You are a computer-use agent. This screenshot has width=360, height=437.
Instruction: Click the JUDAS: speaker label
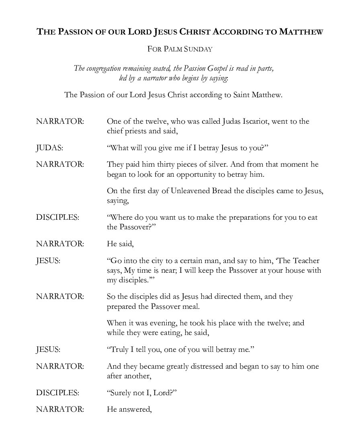(x=49, y=148)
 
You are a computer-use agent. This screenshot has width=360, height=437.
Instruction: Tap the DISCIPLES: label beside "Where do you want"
(x=57, y=217)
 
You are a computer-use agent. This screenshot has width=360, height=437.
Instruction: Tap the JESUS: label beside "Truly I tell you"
(x=48, y=349)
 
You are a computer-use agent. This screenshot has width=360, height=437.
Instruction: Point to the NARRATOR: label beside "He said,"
(x=60, y=244)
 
